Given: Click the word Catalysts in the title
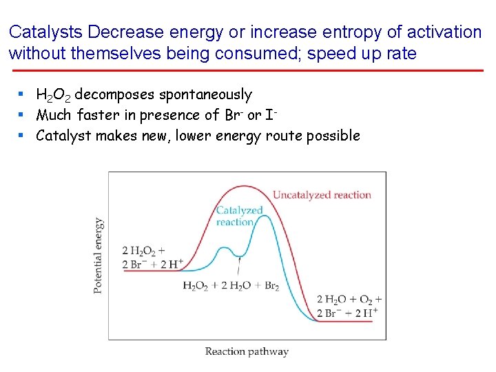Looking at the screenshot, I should (46, 32).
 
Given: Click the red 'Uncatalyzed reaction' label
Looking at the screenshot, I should (322, 195).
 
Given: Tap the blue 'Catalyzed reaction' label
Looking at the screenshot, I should (239, 216).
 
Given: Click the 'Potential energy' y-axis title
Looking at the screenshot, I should (99, 256).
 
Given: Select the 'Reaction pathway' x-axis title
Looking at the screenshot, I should (247, 351).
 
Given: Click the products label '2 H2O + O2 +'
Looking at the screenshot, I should (349, 300).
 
